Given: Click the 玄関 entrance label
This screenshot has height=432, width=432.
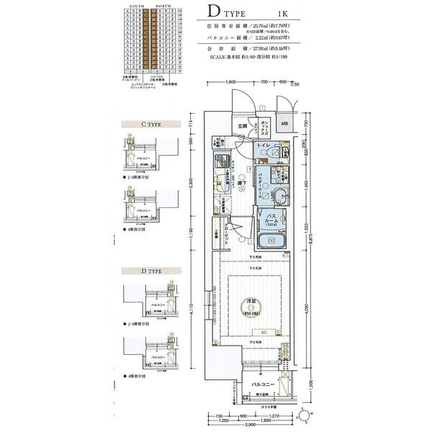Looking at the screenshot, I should tap(242, 127).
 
